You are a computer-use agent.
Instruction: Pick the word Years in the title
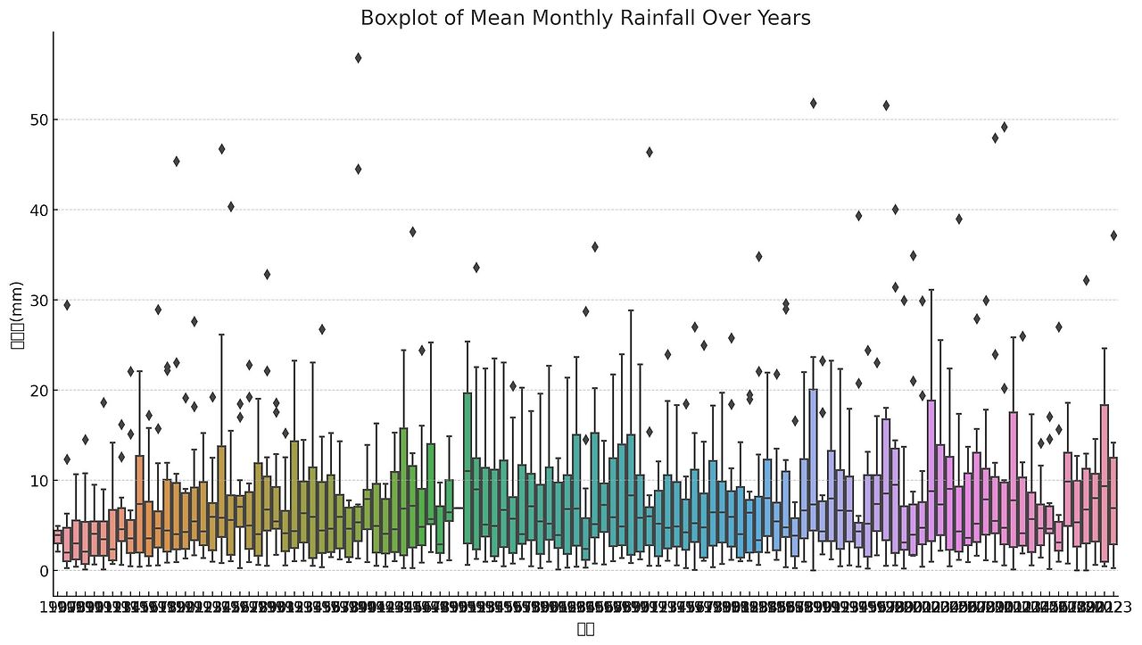point(785,18)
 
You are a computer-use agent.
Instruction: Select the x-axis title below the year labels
point(585,629)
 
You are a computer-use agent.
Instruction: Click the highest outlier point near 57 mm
point(358,58)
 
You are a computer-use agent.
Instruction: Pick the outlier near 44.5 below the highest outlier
point(358,169)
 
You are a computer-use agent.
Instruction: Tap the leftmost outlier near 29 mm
point(67,305)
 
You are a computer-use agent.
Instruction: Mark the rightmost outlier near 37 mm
point(1113,236)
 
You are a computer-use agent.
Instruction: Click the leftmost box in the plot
point(58,536)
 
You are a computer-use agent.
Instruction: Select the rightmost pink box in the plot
point(1113,500)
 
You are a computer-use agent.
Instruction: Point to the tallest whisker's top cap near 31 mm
point(931,289)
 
